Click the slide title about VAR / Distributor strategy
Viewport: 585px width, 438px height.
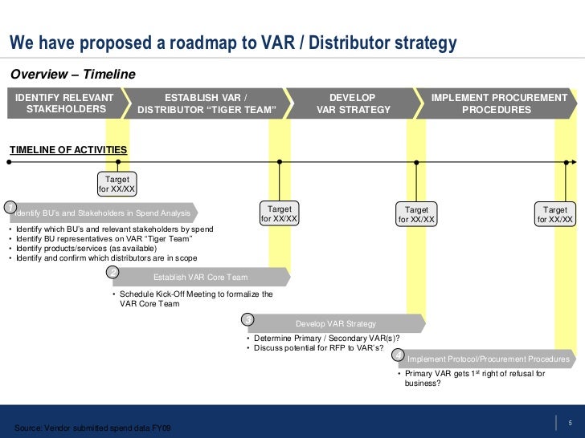click(x=233, y=43)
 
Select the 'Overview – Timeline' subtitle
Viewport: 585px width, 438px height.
click(x=73, y=75)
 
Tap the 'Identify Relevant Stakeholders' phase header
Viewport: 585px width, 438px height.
click(x=66, y=103)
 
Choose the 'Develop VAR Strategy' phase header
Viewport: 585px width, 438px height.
click(x=354, y=103)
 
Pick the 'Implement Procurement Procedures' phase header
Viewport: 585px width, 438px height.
click(x=499, y=103)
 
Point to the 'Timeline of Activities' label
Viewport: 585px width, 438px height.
click(x=67, y=150)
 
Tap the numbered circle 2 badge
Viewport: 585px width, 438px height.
click(x=113, y=272)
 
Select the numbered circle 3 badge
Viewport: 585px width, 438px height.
click(x=248, y=319)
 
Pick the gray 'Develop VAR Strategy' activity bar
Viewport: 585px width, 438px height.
click(x=336, y=323)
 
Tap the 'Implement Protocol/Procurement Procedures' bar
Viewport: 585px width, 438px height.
click(x=489, y=359)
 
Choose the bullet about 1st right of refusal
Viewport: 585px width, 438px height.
click(x=474, y=374)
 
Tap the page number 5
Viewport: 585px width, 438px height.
click(x=569, y=424)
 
